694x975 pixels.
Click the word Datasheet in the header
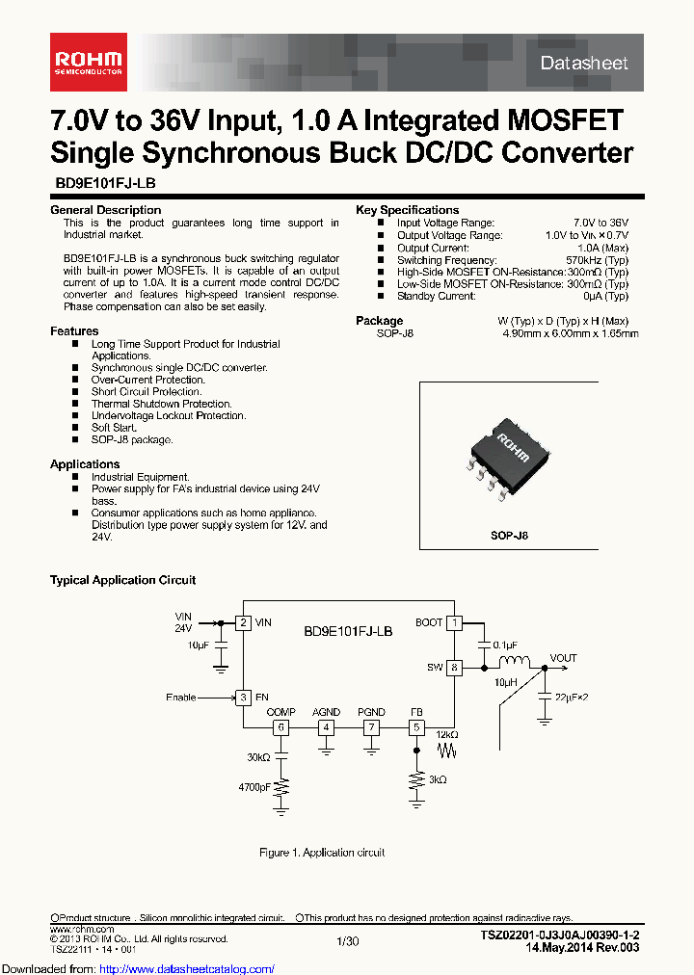pos(583,64)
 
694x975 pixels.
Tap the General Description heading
pos(105,210)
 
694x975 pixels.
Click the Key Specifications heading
pos(407,210)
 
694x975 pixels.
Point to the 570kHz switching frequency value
pos(597,260)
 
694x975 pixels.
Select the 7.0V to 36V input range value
pos(601,223)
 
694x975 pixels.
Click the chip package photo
pos(507,453)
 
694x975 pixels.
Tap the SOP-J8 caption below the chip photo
pos(509,536)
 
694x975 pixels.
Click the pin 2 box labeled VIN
pos(245,622)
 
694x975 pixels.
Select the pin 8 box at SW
pos(454,667)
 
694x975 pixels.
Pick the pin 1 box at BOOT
pos(454,622)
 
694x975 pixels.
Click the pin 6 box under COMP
pos(280,727)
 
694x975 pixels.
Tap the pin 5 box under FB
pos(416,727)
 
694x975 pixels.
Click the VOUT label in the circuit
pos(563,658)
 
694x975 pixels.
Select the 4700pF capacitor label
pos(255,787)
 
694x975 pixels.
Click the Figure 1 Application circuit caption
pos(322,853)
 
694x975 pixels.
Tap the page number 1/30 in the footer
pos(347,939)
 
